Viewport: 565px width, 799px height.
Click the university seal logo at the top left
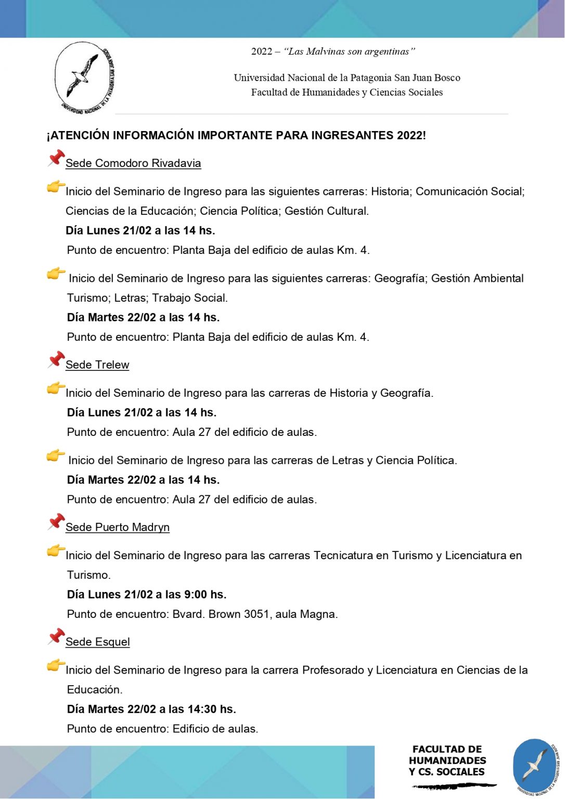coord(85,78)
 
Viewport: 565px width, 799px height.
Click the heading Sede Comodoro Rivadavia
coord(133,163)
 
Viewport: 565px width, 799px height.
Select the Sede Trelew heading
coord(97,365)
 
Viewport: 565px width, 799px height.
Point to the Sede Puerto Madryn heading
coord(118,527)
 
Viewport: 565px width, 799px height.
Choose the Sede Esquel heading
coord(98,642)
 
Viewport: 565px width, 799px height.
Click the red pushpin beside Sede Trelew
coord(56,359)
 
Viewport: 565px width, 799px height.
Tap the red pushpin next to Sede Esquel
coord(56,636)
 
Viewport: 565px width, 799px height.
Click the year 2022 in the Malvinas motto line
coord(262,51)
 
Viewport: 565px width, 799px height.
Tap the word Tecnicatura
coord(343,556)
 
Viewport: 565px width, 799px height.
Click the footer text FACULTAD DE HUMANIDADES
coord(447,755)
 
